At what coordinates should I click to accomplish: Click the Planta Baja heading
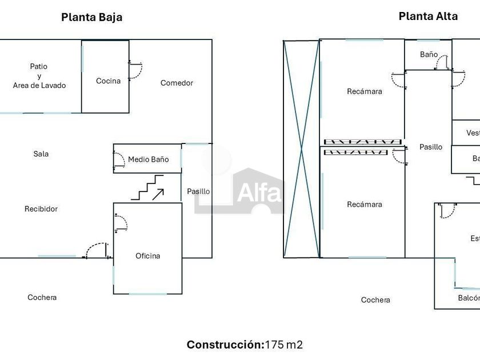point(91,17)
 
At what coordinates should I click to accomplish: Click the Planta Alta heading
point(428,16)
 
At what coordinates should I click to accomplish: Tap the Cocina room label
point(108,81)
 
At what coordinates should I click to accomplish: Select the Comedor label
point(177,83)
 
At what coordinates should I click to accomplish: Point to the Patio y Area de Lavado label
point(39,76)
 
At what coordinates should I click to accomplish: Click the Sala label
point(41,154)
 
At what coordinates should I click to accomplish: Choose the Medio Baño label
point(148,159)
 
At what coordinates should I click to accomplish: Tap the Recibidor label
point(41,209)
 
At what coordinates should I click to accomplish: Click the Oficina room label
point(147,256)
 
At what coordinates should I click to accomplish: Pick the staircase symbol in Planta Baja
point(147,188)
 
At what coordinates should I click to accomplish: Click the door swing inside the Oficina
point(121,222)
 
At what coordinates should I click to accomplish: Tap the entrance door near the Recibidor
point(96,251)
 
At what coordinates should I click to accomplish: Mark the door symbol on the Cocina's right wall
point(135,70)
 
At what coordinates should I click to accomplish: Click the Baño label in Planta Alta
point(429,55)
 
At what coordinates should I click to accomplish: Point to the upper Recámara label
point(365,91)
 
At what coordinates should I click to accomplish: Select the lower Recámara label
point(365,205)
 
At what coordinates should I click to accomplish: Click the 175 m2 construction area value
point(283,345)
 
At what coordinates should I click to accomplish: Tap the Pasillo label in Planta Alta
point(431,147)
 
